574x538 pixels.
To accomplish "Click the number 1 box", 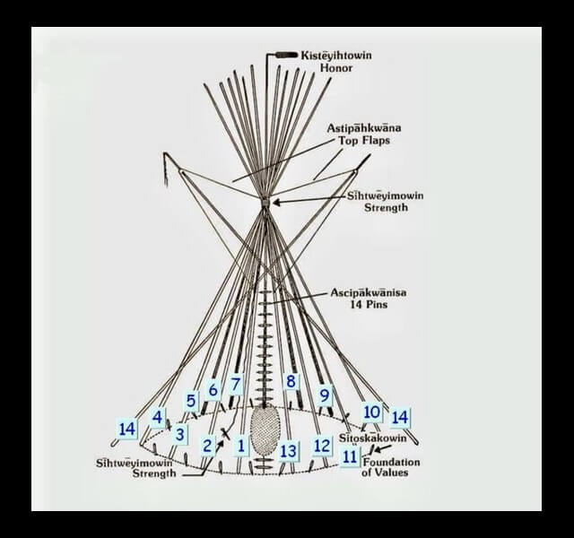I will point(240,443).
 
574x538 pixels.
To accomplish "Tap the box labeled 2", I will point(207,445).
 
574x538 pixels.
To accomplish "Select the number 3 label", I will point(180,434).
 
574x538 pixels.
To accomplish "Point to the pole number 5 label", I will point(191,401).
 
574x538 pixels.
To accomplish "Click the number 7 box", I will point(235,385).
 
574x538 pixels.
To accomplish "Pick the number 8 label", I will point(291,381).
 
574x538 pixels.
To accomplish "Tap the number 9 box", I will point(325,395).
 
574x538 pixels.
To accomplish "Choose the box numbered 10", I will point(372,412).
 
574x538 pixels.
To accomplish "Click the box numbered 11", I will point(351,456).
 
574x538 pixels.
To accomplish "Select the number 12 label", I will point(322,445).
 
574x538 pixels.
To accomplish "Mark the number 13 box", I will point(288,450).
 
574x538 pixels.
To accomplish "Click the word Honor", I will point(310,67).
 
